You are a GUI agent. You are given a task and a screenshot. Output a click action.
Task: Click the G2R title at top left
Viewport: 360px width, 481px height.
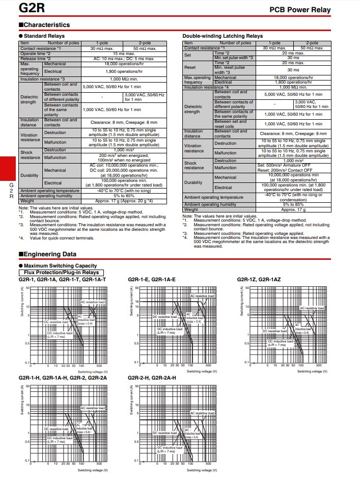pos(19,9)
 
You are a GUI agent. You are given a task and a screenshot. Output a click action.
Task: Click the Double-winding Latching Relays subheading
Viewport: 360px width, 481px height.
pos(223,36)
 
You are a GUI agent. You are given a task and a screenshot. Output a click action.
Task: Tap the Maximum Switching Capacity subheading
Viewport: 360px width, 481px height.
pos(60,266)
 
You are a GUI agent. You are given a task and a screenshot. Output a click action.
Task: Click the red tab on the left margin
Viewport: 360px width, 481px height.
pos(9,169)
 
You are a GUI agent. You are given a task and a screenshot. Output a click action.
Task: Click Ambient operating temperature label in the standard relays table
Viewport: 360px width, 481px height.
pos(49,191)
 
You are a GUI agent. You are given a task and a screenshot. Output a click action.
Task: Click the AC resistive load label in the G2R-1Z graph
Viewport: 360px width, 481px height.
pos(312,308)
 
